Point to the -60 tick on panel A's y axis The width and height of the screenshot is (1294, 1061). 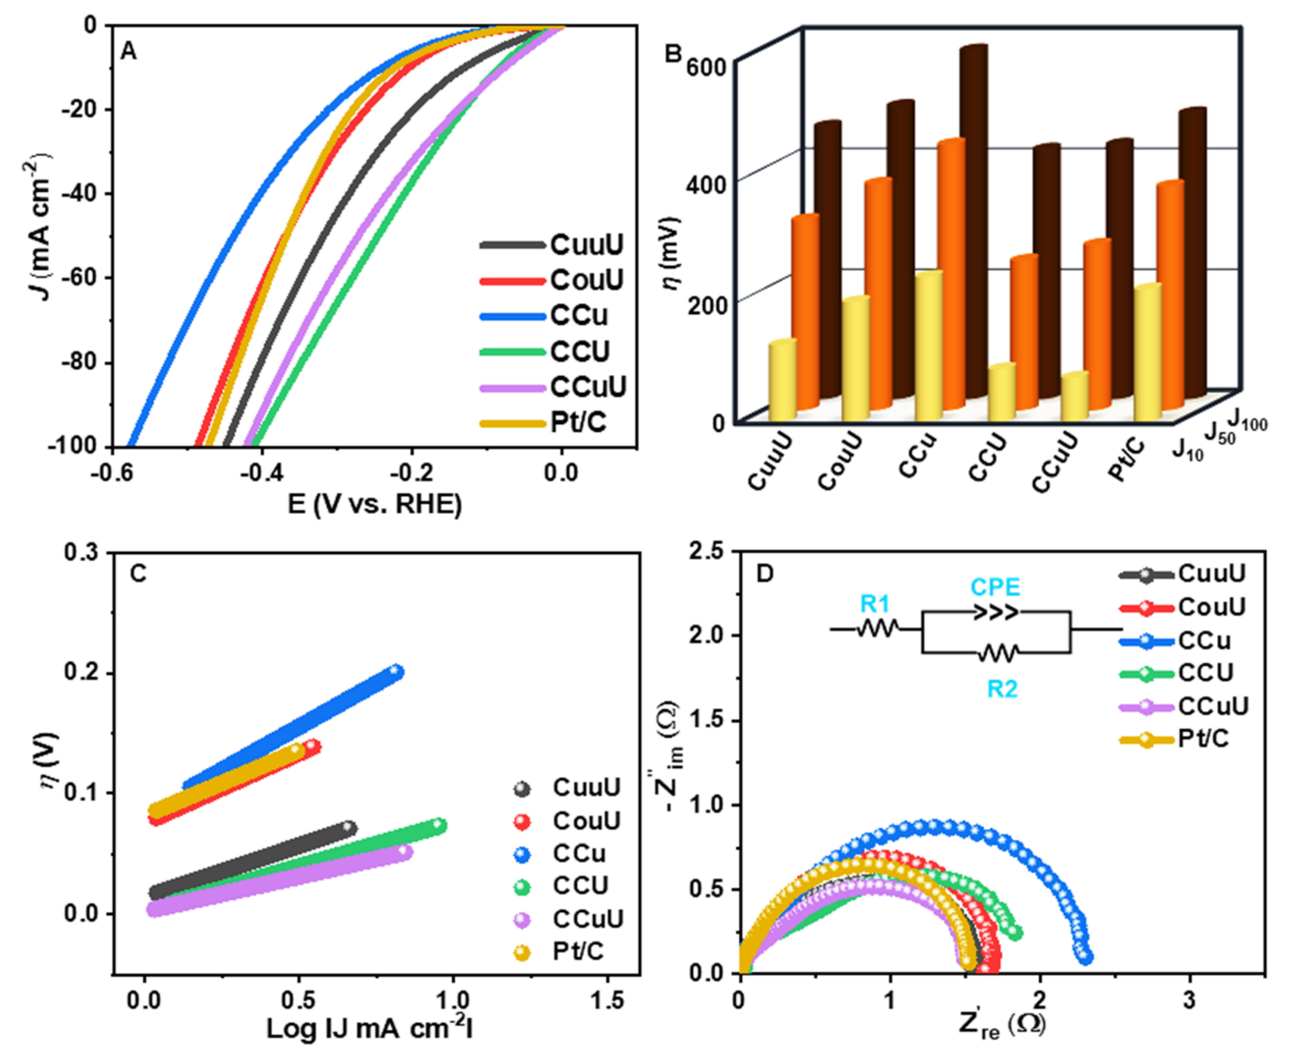[79, 278]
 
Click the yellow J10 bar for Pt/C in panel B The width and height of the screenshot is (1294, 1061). [1147, 351]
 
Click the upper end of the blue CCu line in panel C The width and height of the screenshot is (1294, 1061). [396, 671]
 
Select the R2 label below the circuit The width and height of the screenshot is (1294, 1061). [1003, 689]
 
